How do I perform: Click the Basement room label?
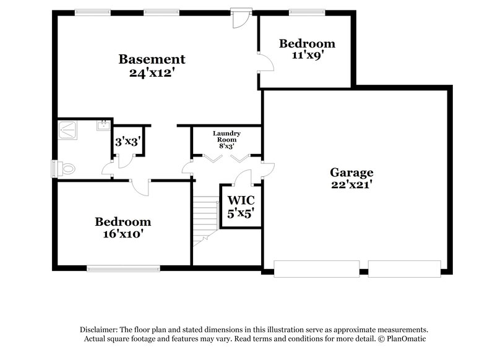(152, 59)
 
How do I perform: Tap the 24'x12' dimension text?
(152, 72)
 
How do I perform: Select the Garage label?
(351, 173)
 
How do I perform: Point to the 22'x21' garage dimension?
(351, 185)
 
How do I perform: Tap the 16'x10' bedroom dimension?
(123, 235)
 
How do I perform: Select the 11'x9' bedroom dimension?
(307, 56)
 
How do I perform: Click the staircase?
(204, 220)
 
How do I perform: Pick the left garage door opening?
(316, 268)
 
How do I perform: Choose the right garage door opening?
(404, 268)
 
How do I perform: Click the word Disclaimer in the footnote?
(98, 330)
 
